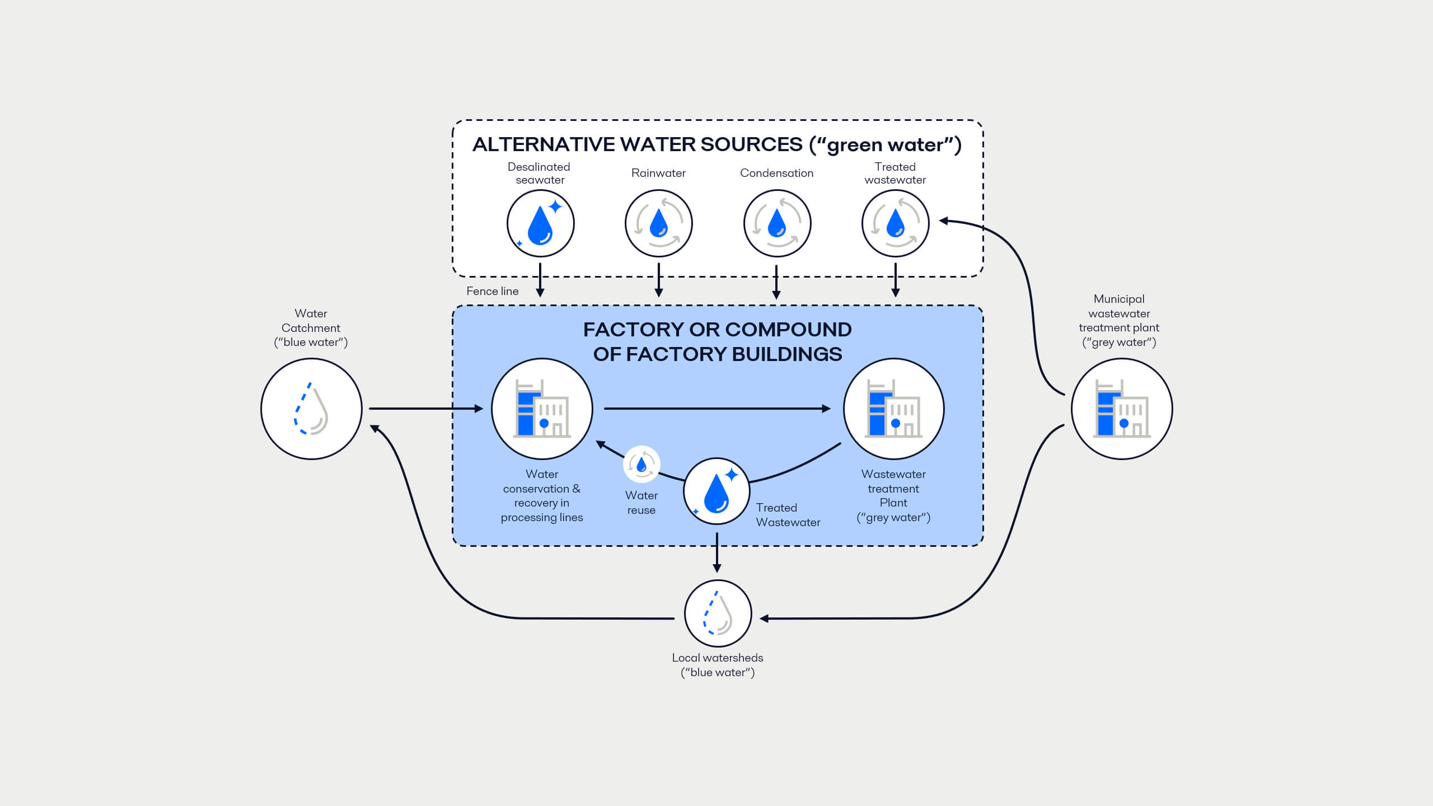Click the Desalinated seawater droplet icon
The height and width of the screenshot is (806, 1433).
540,223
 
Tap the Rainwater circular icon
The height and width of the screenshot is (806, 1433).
659,223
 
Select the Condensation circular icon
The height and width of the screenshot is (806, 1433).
777,223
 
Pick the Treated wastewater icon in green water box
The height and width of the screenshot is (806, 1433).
895,223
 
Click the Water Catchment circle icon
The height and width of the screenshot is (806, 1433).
311,409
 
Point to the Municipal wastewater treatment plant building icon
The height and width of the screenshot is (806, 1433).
1122,409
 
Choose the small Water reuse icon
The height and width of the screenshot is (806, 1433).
641,464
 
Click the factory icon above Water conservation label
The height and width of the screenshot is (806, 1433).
542,409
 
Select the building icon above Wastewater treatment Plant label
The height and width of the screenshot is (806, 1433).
893,409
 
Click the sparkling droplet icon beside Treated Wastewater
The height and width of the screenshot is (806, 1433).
716,491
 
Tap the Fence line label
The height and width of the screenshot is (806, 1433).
493,291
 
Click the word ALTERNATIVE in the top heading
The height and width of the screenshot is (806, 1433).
543,144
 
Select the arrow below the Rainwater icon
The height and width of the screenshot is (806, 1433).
659,280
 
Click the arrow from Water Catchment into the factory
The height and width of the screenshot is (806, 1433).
425,409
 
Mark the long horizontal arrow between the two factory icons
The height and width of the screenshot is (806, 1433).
716,409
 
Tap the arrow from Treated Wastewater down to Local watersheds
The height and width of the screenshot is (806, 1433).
717,553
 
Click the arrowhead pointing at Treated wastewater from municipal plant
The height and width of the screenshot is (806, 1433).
944,221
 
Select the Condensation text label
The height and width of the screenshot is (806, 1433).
776,173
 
